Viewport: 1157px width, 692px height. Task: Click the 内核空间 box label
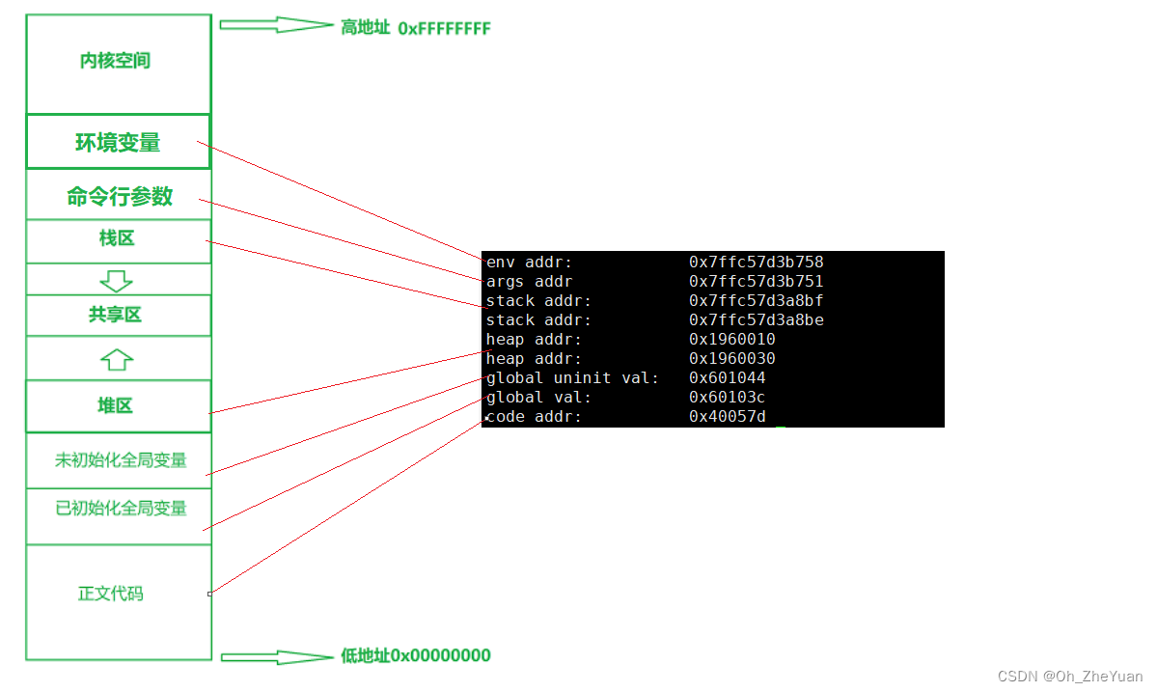coord(115,62)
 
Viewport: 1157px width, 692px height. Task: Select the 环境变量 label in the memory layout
coord(118,143)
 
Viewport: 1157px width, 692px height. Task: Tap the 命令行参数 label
coord(120,197)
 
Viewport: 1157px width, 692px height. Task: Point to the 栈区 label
coord(117,238)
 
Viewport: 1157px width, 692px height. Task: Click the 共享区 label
coord(116,315)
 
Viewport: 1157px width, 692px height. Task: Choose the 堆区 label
coord(116,405)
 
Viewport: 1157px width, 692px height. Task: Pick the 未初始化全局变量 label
coord(121,460)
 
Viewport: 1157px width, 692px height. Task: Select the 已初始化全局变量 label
coord(121,508)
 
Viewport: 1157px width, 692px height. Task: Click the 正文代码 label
coord(111,594)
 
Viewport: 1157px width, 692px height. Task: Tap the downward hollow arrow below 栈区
coord(116,281)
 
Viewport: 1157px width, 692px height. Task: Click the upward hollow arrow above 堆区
coord(116,359)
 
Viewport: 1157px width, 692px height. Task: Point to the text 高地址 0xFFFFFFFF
coord(415,28)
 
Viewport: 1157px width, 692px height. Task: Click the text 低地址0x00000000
coord(416,656)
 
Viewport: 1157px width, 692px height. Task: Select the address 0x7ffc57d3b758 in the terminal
coord(756,263)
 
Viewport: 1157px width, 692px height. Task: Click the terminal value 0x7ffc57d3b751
coord(756,282)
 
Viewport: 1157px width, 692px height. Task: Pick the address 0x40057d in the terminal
coord(727,417)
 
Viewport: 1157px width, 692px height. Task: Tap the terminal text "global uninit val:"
coord(572,378)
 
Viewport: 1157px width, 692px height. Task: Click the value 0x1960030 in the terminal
coord(731,359)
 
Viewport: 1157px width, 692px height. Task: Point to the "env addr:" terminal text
coord(529,263)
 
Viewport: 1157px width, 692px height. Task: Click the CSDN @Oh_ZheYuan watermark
coord(1069,677)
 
